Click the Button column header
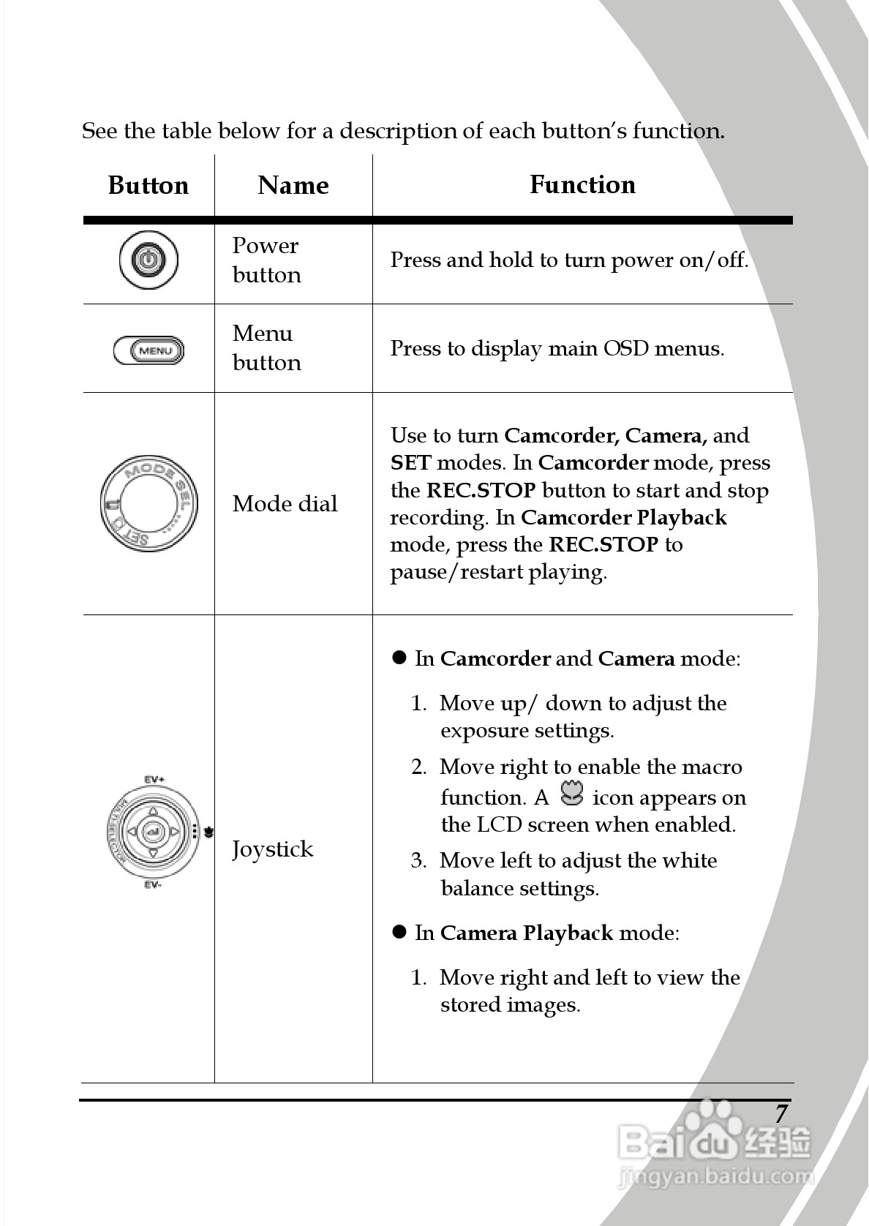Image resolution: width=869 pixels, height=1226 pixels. pos(148,185)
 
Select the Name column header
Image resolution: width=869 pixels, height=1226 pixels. pos(293,185)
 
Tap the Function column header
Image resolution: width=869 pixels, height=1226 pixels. pos(582,184)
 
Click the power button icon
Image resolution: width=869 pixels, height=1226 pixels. pos(148,260)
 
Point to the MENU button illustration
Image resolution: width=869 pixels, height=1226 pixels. pos(149,350)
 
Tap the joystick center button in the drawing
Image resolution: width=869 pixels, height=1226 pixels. pos(152,832)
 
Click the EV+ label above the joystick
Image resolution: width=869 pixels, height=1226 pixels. pos(154,780)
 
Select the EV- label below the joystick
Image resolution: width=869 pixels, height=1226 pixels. pos(153,885)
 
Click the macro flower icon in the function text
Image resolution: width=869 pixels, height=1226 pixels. pos(571,794)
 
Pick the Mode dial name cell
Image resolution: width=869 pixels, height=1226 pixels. pos(285,503)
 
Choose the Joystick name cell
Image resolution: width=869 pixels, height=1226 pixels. pos(272,849)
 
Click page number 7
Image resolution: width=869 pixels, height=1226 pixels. pos(781,1113)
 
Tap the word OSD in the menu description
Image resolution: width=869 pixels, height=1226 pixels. pos(625,348)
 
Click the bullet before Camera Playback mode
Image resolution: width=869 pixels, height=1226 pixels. pos(399,932)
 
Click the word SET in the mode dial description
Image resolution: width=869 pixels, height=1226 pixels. pos(410,462)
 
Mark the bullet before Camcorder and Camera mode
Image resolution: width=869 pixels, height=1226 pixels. pos(399,658)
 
